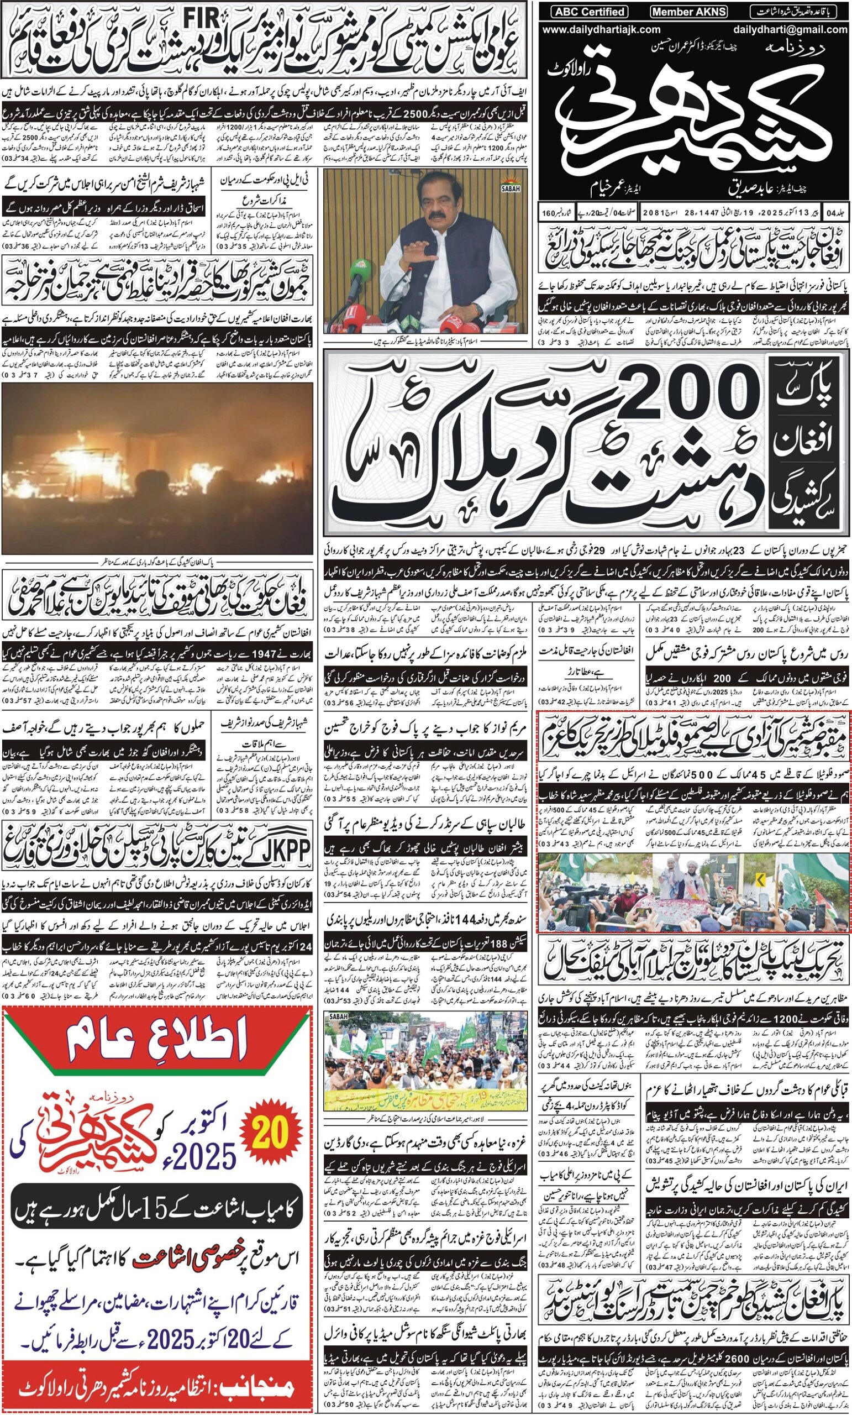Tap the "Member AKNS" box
click(x=689, y=12)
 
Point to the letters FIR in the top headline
click(x=202, y=20)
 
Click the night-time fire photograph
click(x=157, y=468)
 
